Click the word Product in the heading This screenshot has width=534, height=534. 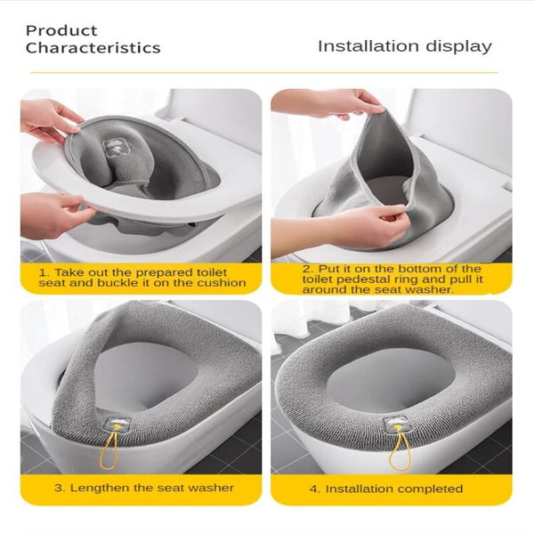(61, 30)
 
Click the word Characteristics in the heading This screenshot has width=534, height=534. (93, 48)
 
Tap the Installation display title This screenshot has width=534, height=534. (404, 46)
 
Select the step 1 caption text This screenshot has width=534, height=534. (142, 276)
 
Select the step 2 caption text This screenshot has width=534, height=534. (391, 279)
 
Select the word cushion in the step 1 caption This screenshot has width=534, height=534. (222, 282)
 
